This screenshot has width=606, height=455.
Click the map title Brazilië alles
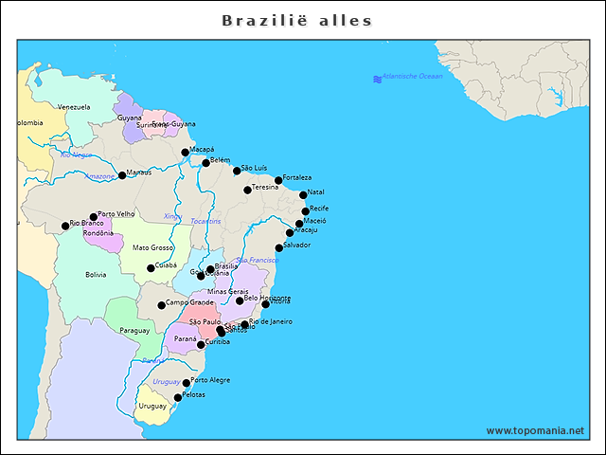[x=296, y=21]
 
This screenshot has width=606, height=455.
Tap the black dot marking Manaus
[x=122, y=175]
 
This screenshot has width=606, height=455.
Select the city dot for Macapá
[x=186, y=152]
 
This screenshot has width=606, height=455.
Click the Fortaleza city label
[x=297, y=177]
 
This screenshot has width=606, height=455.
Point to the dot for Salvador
[x=279, y=248]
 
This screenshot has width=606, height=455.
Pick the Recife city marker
[x=306, y=211]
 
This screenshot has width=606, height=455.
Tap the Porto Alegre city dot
[x=187, y=383]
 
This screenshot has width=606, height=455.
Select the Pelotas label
[x=193, y=394]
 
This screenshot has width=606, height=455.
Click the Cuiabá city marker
[x=151, y=268]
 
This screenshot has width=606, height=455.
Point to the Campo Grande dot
[x=162, y=305]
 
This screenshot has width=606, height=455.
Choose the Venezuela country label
[x=74, y=107]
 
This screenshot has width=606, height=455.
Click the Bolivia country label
[x=96, y=275]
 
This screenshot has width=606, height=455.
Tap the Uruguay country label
[x=152, y=406]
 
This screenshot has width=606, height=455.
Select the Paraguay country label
[x=134, y=331]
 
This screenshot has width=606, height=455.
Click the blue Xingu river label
[x=172, y=216]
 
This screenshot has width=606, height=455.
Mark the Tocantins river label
[x=205, y=221]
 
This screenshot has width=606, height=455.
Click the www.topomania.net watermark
[x=535, y=430]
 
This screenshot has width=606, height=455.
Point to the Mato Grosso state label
[x=152, y=247]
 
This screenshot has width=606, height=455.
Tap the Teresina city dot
[x=248, y=190]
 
